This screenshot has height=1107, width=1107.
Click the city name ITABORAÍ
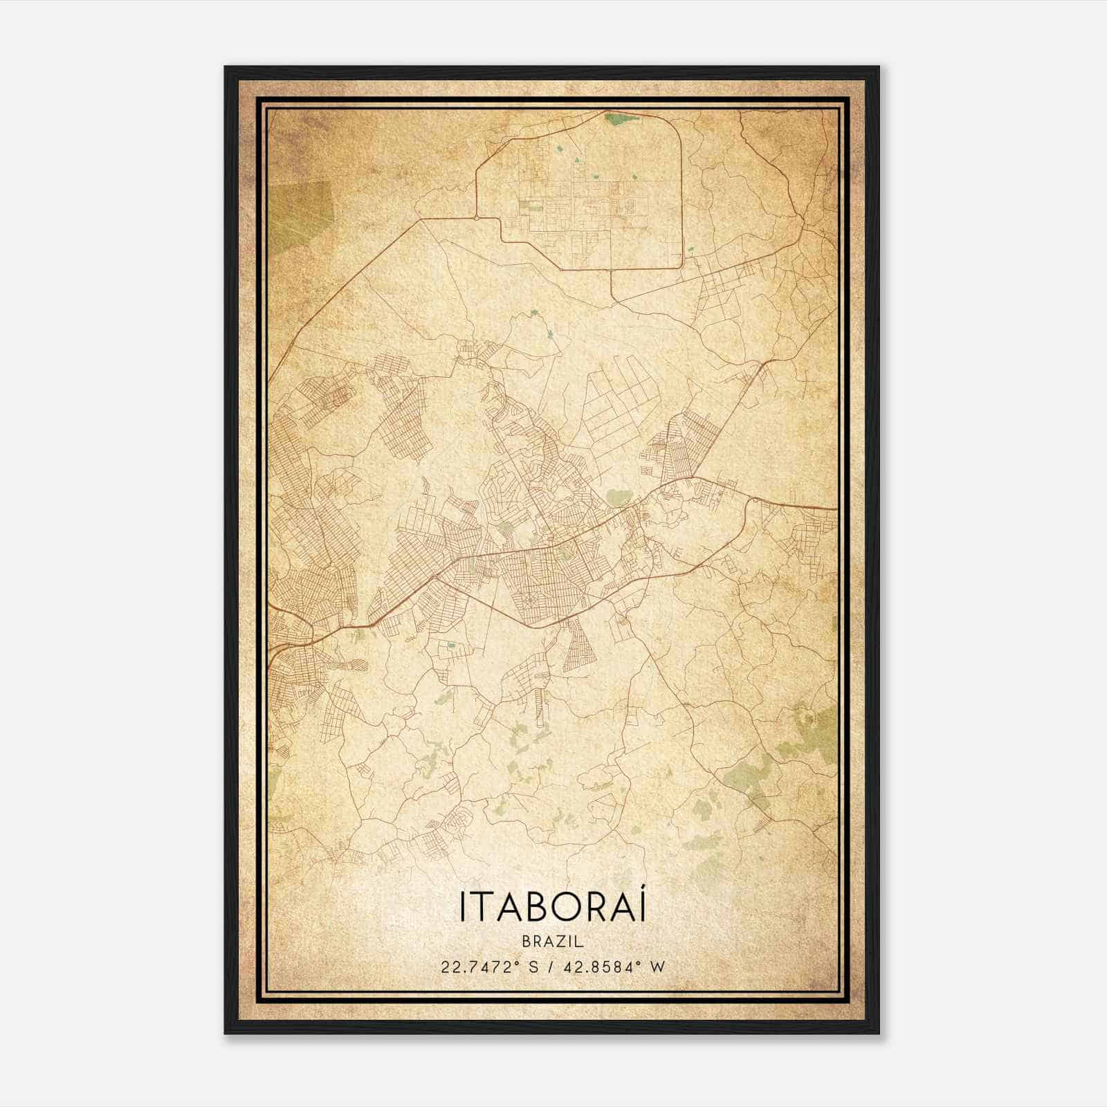552,907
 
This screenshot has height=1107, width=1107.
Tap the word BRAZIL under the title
552,941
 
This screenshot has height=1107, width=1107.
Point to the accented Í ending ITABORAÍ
642,906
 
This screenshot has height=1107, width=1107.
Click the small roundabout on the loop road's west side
477,219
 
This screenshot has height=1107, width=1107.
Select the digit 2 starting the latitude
443,967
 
